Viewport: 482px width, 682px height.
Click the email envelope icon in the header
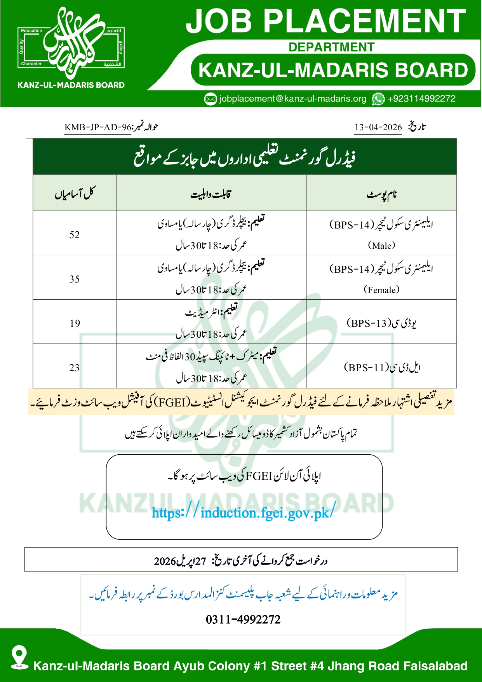(x=210, y=99)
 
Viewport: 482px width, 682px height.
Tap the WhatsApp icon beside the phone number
(x=378, y=99)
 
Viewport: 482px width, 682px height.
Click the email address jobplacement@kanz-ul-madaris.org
(x=292, y=99)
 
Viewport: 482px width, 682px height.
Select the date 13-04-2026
(x=378, y=127)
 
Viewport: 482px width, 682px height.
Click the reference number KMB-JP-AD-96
(x=98, y=127)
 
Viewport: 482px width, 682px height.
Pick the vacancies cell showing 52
(x=75, y=235)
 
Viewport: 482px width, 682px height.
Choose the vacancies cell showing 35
(x=75, y=279)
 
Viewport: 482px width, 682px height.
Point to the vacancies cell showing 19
(x=75, y=323)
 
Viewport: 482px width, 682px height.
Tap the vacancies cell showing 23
(x=75, y=368)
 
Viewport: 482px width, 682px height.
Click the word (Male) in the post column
(x=381, y=246)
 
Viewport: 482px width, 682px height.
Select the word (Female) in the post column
(x=381, y=290)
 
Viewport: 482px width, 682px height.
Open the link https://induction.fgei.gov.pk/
(x=242, y=513)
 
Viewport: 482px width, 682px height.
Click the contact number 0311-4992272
(x=243, y=619)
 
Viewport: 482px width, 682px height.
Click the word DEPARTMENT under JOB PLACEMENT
(x=331, y=47)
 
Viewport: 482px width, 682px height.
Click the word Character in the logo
(x=31, y=64)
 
